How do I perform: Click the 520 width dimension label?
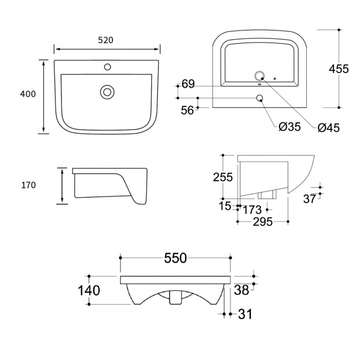(105, 40)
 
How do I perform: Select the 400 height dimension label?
(28, 94)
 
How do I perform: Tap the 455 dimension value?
(338, 69)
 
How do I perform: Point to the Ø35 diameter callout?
(289, 127)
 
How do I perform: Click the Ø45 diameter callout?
(328, 128)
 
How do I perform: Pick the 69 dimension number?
(188, 84)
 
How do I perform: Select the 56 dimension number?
(187, 110)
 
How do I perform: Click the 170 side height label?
(29, 186)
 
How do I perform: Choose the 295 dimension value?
(262, 222)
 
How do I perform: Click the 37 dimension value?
(310, 198)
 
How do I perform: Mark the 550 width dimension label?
(175, 258)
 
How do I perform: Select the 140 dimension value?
(89, 290)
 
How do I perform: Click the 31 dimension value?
(245, 314)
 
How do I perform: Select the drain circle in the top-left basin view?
(107, 91)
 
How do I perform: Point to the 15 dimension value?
(225, 206)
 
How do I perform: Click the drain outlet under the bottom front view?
(176, 298)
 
